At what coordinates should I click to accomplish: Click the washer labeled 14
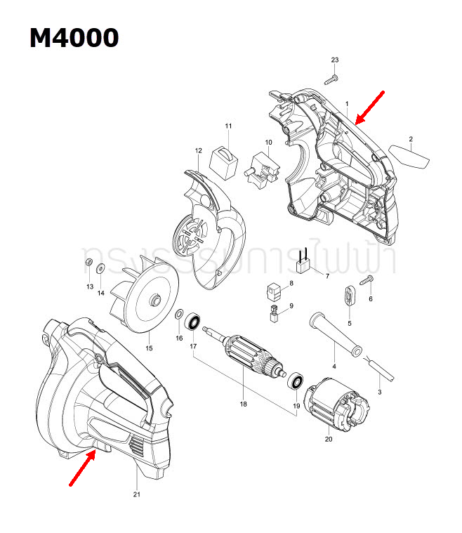point(101,267)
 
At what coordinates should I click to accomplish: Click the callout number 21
point(137,495)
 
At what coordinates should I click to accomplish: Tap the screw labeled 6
point(365,281)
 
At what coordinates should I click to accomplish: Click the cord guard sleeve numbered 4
point(335,333)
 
